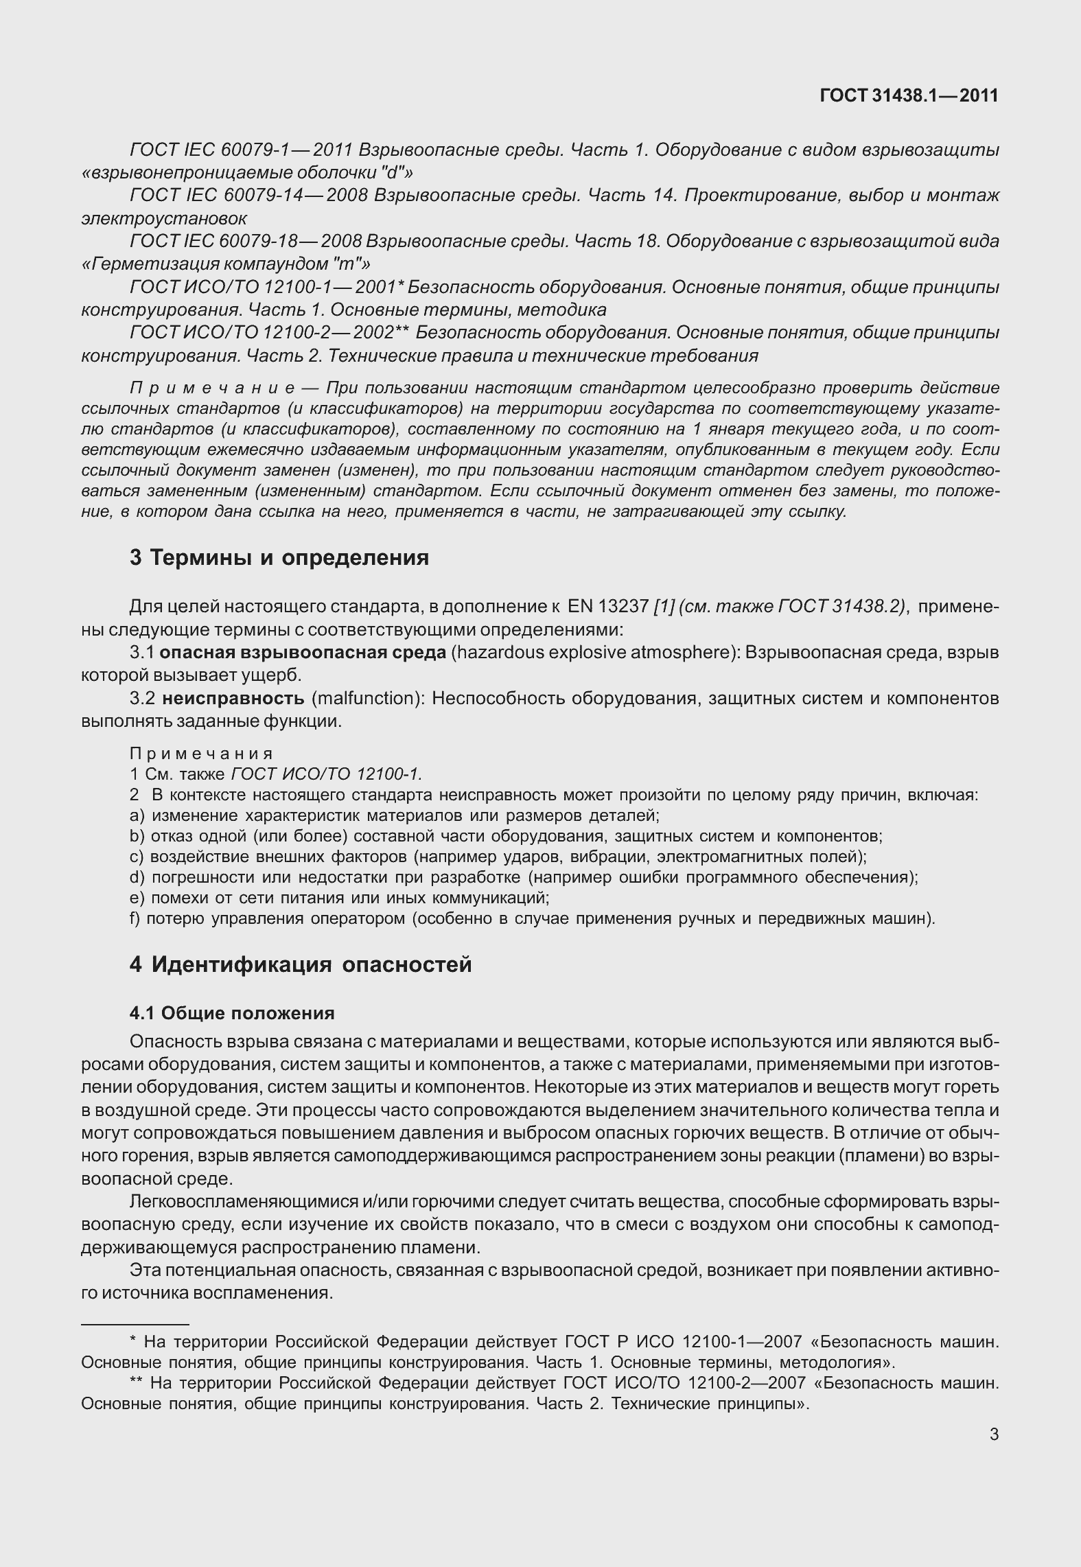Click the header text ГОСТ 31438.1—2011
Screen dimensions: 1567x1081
click(x=909, y=95)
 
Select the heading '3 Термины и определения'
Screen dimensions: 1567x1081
click(x=279, y=557)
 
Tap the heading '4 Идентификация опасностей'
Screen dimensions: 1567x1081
click(x=300, y=964)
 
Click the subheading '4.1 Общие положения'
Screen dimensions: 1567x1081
click(x=232, y=1013)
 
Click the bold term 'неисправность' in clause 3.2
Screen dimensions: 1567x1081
click(x=233, y=699)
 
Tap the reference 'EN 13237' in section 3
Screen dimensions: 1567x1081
click(x=608, y=607)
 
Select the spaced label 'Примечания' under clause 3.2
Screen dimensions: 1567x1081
click(x=201, y=754)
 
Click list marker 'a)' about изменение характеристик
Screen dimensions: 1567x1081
click(x=136, y=815)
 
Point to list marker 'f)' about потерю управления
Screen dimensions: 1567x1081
click(x=135, y=918)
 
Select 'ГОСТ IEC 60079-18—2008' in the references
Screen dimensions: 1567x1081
click(x=244, y=242)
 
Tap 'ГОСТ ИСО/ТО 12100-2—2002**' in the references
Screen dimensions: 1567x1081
click(x=269, y=333)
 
